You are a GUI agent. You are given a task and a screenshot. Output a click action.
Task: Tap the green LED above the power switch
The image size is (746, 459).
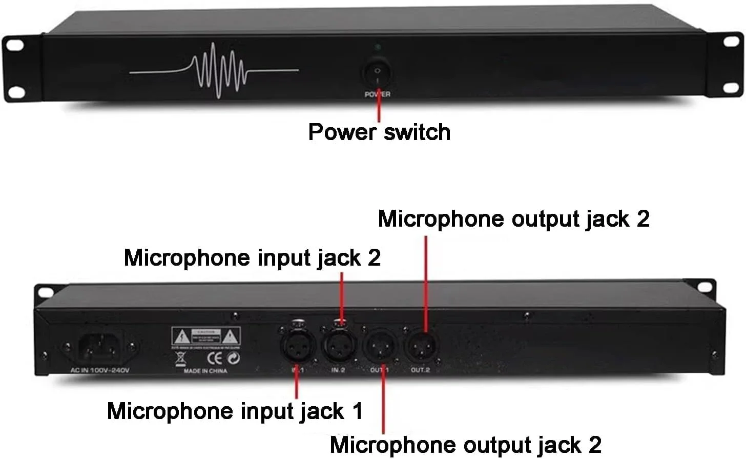(x=378, y=48)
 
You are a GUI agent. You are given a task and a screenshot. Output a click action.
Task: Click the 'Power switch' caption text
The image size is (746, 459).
(x=379, y=132)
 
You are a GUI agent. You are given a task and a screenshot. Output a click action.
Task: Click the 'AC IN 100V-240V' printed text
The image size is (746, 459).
(x=100, y=370)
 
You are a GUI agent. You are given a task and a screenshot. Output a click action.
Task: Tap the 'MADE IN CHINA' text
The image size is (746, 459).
(x=205, y=371)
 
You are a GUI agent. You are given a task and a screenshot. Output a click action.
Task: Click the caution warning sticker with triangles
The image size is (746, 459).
(x=205, y=337)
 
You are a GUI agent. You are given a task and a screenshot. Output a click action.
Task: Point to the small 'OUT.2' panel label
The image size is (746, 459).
(x=421, y=370)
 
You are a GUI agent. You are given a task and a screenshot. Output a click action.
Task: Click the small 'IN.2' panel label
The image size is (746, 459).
(x=338, y=370)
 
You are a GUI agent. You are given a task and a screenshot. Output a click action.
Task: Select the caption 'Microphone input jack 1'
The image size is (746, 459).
(x=235, y=411)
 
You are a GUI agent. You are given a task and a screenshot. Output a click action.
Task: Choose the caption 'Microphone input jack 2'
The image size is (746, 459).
(x=252, y=257)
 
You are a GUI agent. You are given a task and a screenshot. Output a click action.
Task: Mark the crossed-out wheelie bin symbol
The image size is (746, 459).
(x=180, y=358)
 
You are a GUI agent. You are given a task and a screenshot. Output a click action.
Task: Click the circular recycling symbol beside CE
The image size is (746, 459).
(x=234, y=358)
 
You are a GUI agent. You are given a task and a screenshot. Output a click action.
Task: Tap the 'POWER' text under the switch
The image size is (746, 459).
(x=378, y=94)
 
